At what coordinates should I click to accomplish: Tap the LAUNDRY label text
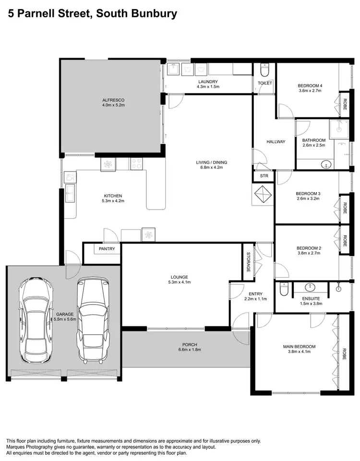click(208, 82)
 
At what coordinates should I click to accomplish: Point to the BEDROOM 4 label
click(310, 86)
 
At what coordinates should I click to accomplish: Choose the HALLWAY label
click(276, 142)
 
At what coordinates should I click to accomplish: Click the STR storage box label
click(264, 176)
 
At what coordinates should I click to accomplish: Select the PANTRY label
click(106, 249)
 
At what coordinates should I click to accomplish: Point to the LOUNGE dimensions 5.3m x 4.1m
click(180, 282)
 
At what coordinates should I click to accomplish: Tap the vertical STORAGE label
click(249, 262)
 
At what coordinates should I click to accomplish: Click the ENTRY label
click(255, 293)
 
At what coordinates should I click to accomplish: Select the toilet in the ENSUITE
click(284, 290)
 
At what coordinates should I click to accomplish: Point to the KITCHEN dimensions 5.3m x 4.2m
click(114, 201)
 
